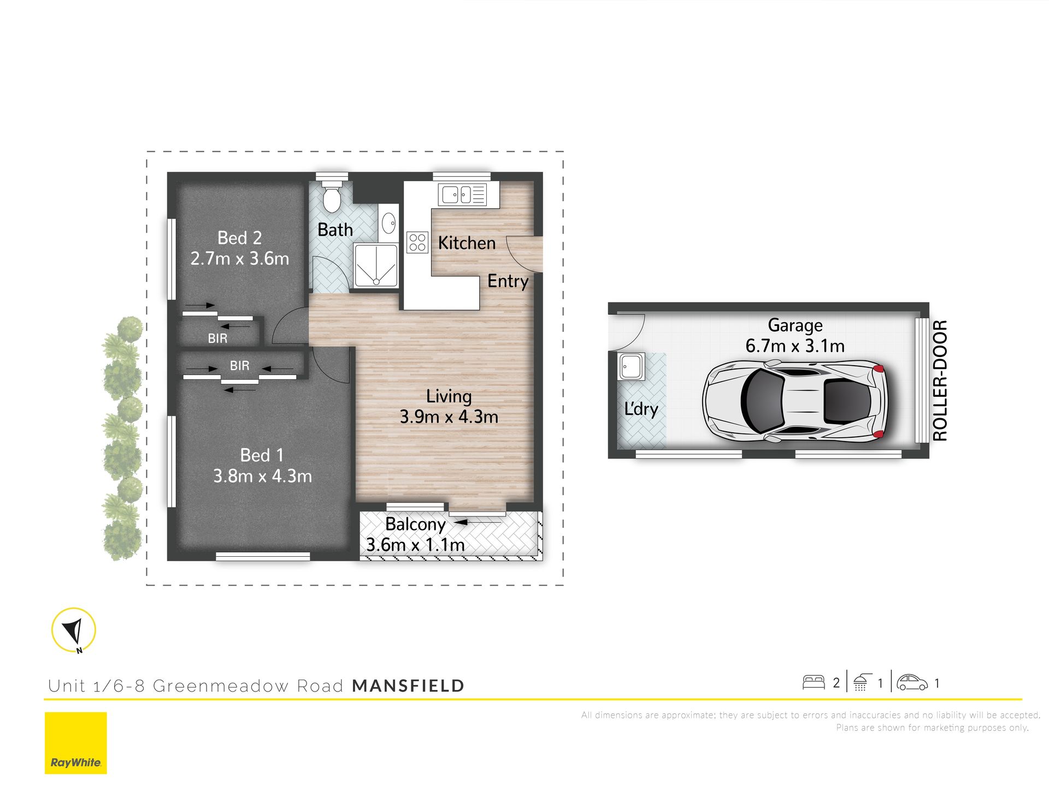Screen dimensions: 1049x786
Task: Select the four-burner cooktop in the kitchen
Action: pyautogui.click(x=417, y=242)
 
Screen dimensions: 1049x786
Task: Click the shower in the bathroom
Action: pyautogui.click(x=376, y=266)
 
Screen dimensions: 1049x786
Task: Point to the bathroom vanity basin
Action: pyautogui.click(x=388, y=223)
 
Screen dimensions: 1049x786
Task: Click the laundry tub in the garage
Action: pyautogui.click(x=632, y=366)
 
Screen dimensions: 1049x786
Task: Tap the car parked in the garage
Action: pyautogui.click(x=795, y=401)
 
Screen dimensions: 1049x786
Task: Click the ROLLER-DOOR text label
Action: pyautogui.click(x=940, y=380)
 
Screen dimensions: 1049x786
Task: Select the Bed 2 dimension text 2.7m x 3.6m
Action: pyautogui.click(x=240, y=258)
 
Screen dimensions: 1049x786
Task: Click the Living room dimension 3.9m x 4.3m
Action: pyautogui.click(x=449, y=417)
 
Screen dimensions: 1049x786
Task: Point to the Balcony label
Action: pyautogui.click(x=415, y=524)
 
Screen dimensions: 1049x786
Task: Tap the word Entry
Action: pyautogui.click(x=508, y=281)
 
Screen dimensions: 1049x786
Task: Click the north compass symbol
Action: pyautogui.click(x=74, y=630)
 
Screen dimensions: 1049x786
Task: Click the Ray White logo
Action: pyautogui.click(x=76, y=743)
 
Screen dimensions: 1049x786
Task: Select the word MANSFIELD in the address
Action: pyautogui.click(x=408, y=686)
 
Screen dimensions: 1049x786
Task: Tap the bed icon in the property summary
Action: pyautogui.click(x=814, y=682)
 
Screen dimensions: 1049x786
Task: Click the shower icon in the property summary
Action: pyautogui.click(x=861, y=682)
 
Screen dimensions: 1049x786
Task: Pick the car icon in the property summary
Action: pyautogui.click(x=912, y=682)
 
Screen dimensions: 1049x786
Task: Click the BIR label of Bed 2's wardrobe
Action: pyautogui.click(x=217, y=338)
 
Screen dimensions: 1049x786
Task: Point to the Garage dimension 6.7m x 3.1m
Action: pyautogui.click(x=795, y=346)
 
